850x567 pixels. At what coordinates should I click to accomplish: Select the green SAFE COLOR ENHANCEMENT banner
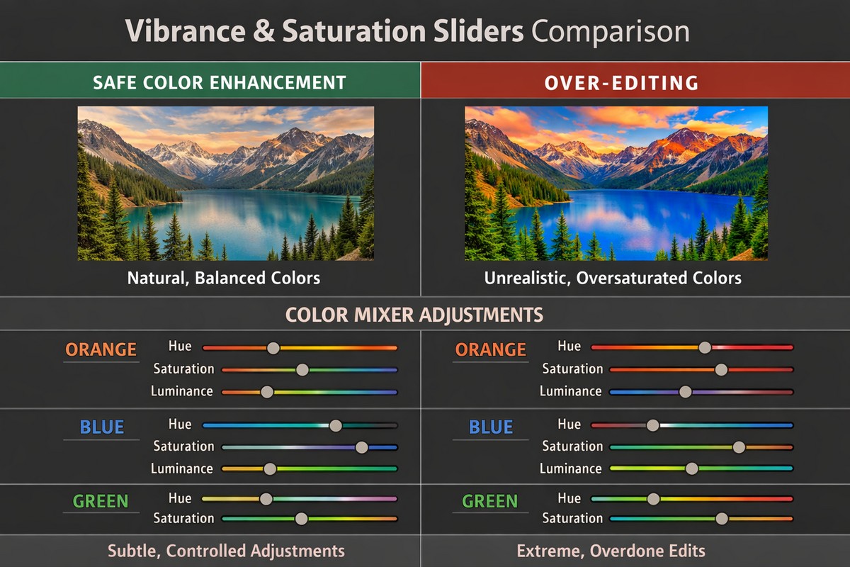pyautogui.click(x=219, y=82)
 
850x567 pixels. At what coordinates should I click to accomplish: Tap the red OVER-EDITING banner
pyautogui.click(x=620, y=82)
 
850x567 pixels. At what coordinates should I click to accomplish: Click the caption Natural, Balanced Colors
pyautogui.click(x=223, y=278)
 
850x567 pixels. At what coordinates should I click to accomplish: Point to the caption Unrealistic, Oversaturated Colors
pyautogui.click(x=613, y=278)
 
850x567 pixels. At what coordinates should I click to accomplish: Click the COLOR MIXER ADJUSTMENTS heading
pyautogui.click(x=414, y=314)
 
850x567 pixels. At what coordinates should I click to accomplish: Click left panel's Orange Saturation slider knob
pyautogui.click(x=302, y=369)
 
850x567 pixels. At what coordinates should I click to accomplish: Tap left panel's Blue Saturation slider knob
pyautogui.click(x=361, y=447)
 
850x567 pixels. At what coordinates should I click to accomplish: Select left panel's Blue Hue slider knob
pyautogui.click(x=336, y=425)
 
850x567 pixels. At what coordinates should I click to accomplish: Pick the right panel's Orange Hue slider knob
pyautogui.click(x=704, y=347)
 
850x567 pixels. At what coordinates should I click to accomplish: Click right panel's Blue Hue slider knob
pyautogui.click(x=653, y=425)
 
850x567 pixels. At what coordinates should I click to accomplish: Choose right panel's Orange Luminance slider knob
pyautogui.click(x=685, y=392)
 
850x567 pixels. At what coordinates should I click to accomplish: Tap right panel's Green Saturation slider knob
pyautogui.click(x=722, y=519)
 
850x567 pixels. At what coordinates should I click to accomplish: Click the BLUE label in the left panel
pyautogui.click(x=102, y=427)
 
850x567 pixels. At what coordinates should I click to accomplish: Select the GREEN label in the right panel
pyautogui.click(x=489, y=502)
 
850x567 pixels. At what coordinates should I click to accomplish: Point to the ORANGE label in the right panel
pyautogui.click(x=490, y=349)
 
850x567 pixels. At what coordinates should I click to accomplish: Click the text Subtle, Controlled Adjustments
pyautogui.click(x=226, y=551)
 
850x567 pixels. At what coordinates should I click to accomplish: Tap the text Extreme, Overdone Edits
pyautogui.click(x=611, y=551)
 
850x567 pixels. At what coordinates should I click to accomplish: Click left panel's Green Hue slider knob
pyautogui.click(x=266, y=499)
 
